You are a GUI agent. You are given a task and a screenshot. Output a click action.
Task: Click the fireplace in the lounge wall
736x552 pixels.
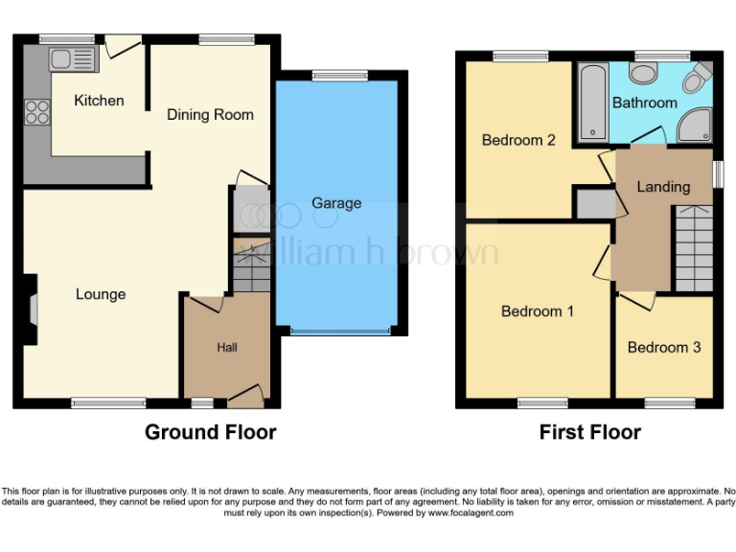tap(30, 310)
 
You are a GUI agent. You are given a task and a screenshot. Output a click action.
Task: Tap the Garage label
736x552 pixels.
tap(336, 203)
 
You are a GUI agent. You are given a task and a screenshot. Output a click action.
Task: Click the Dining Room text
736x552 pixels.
tap(210, 114)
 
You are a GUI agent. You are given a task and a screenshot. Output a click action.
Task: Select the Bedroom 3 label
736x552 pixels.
tap(664, 347)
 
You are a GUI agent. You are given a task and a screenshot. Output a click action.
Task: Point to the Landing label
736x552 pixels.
tap(663, 187)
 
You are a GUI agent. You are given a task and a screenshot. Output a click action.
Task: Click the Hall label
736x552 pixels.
tap(227, 347)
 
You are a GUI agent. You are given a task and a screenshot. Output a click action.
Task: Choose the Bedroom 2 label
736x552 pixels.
tap(518, 140)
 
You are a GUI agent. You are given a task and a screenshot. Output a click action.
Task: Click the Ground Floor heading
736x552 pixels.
tap(210, 432)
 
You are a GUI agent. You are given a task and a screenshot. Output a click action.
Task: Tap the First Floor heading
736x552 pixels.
tap(589, 432)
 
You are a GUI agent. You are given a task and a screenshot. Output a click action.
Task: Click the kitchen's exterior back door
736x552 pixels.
tap(123, 43)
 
